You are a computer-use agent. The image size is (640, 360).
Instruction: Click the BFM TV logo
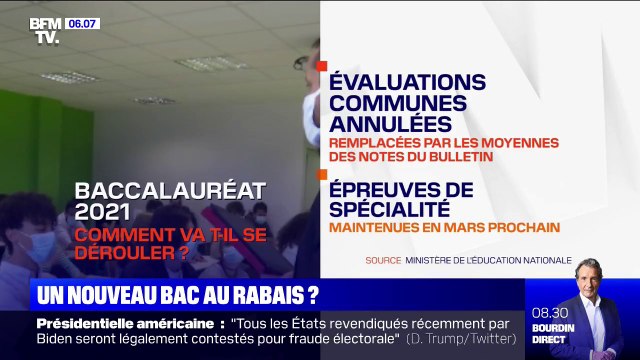(x=44, y=30)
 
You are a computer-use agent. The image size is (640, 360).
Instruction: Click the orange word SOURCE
(x=383, y=261)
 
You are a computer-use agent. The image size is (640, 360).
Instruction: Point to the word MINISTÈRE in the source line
(x=429, y=261)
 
